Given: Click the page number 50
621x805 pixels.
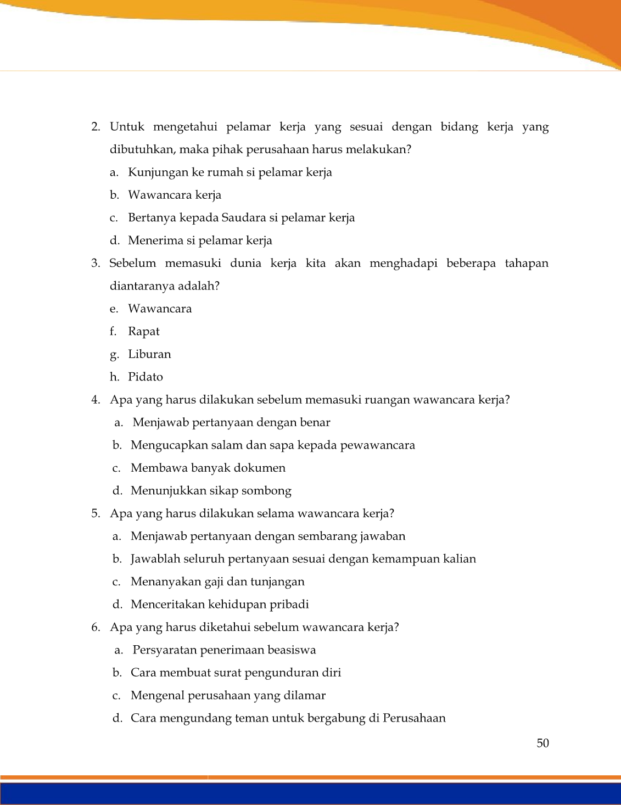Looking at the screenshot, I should pos(542,743).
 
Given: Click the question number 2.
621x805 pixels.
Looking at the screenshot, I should pos(96,127).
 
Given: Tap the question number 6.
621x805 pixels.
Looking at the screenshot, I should pos(96,627).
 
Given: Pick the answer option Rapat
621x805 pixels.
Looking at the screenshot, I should pos(144,332).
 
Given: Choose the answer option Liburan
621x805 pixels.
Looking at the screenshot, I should pos(149,354).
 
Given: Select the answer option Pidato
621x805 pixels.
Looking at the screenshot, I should pos(146,377).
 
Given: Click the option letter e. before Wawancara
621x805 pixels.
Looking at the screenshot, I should pos(114,309).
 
